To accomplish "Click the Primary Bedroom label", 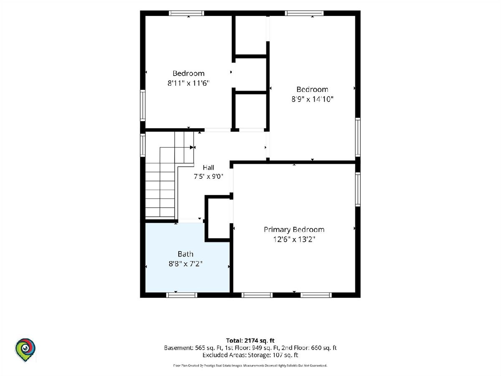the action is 294,230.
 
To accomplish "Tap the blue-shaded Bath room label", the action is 185,254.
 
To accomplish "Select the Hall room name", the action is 208,168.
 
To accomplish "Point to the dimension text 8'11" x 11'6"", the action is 188,83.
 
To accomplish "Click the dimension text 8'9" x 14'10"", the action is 312,99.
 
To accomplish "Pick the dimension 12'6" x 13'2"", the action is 294,239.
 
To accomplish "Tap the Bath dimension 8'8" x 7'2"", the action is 185,264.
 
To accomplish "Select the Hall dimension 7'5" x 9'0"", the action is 208,176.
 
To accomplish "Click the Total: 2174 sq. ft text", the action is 250,340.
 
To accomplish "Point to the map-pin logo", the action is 25,350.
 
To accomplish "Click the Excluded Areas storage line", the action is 250,355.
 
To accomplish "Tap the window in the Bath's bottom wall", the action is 182,295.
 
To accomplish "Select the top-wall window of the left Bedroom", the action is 187,13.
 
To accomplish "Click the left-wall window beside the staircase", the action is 143,145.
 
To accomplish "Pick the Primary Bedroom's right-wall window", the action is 358,189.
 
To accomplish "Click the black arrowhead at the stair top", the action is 192,147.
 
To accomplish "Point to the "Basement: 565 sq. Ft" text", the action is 193,348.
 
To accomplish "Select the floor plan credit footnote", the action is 250,366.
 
